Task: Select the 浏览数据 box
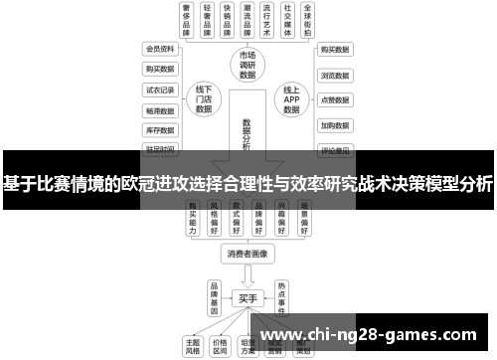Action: pyautogui.click(x=333, y=75)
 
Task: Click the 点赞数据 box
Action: pyautogui.click(x=333, y=100)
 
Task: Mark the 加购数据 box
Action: pyautogui.click(x=333, y=126)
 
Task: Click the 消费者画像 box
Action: pyautogui.click(x=248, y=254)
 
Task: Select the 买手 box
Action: pyautogui.click(x=248, y=297)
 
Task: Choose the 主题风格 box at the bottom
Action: pyautogui.click(x=193, y=344)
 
